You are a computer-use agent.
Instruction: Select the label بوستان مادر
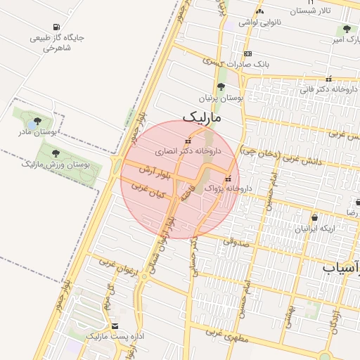(x=38, y=131)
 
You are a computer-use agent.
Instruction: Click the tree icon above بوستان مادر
(x=37, y=121)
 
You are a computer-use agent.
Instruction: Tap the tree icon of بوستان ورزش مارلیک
(x=56, y=153)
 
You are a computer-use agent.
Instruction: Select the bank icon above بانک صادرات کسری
(x=247, y=53)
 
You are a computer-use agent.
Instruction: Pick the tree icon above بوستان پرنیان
(x=221, y=87)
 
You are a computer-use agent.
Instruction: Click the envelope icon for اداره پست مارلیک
(x=115, y=326)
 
